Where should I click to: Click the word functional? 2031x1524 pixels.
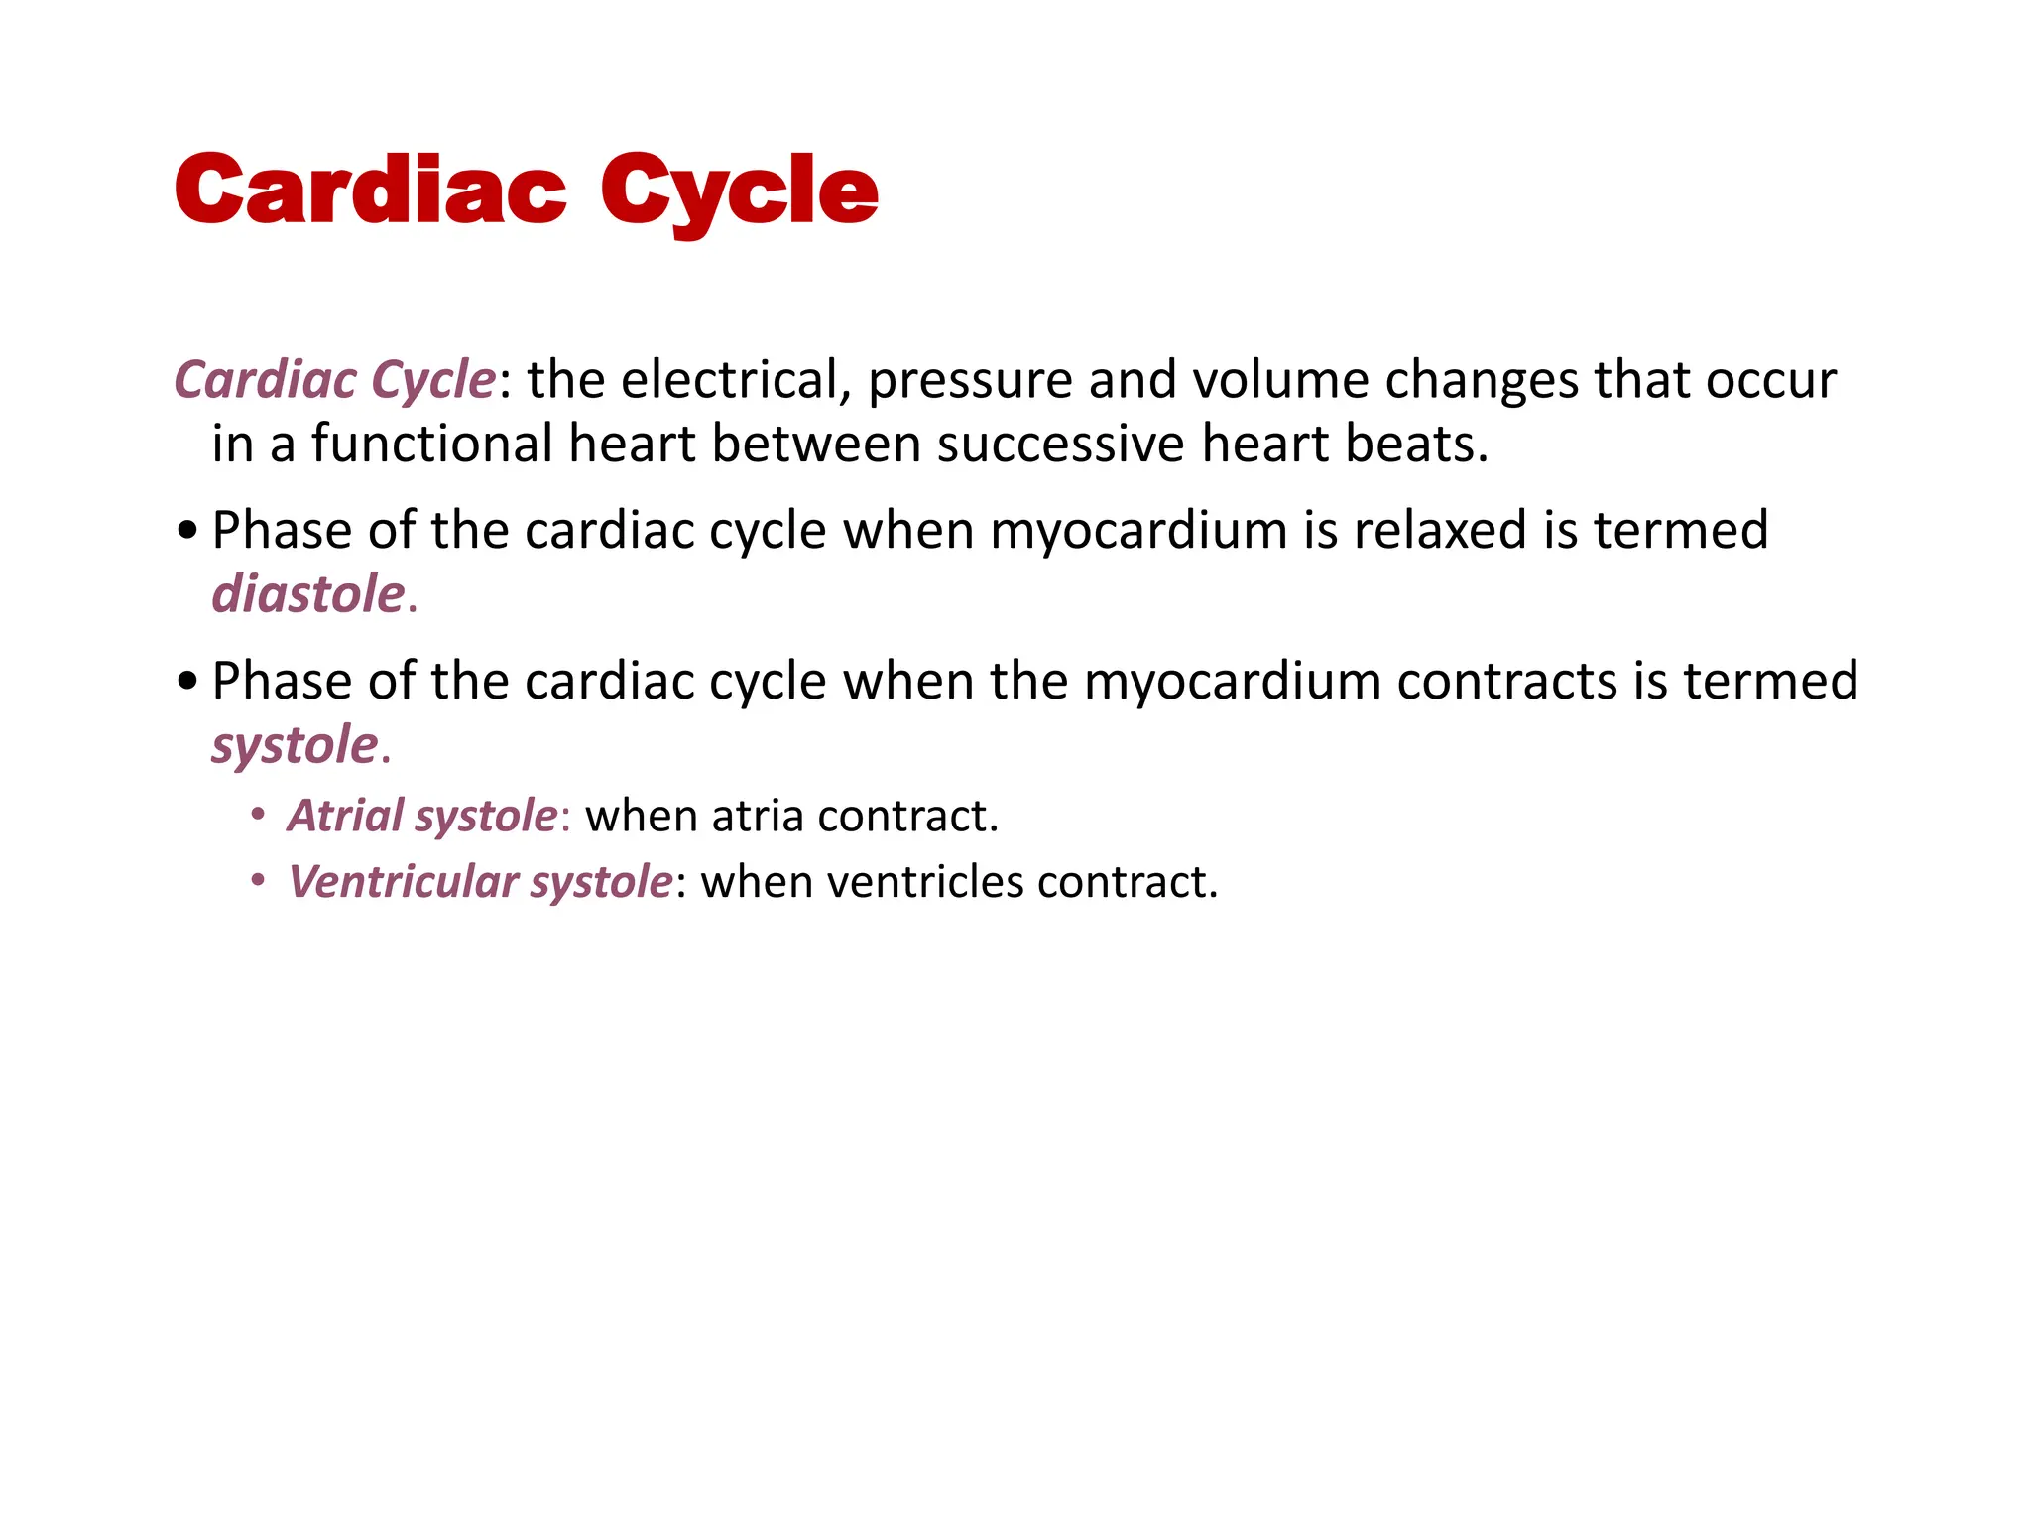click(x=430, y=444)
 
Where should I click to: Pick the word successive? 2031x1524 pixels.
click(x=1059, y=445)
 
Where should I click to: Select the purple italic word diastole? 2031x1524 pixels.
click(x=308, y=594)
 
